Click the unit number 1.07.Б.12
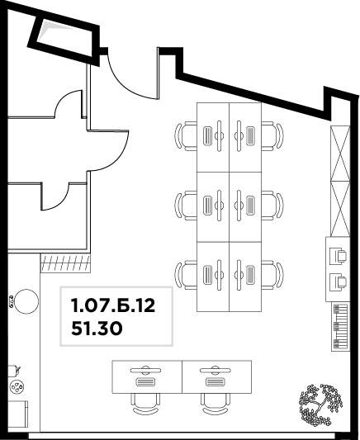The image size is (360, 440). (x=113, y=305)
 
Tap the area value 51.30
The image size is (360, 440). (x=97, y=329)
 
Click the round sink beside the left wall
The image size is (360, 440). (x=26, y=301)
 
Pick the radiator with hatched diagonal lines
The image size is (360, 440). (x=65, y=263)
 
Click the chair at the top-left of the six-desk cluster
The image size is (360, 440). (x=186, y=136)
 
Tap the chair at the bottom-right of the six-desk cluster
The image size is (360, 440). (x=272, y=275)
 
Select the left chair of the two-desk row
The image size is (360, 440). (x=145, y=404)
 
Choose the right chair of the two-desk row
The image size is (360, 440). (x=216, y=404)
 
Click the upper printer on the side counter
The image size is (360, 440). (x=338, y=256)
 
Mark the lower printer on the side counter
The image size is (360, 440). (x=338, y=282)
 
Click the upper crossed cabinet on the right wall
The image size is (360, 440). (x=340, y=154)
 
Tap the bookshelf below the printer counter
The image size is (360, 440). (x=341, y=327)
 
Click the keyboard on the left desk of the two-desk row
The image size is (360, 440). (x=145, y=382)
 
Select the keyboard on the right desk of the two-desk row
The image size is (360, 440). (x=216, y=382)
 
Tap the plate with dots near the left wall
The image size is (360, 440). (x=17, y=387)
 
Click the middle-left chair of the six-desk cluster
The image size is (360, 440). (x=186, y=206)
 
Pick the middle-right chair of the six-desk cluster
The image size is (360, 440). (x=272, y=206)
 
